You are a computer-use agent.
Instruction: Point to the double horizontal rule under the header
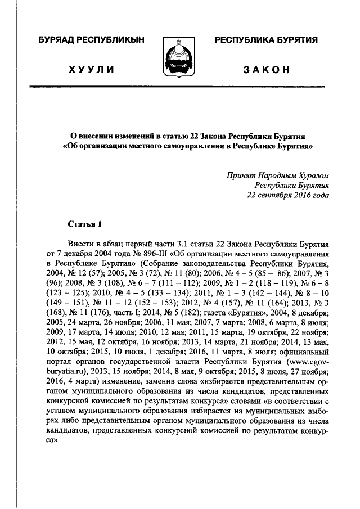180,88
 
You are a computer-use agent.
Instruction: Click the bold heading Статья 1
84,224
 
